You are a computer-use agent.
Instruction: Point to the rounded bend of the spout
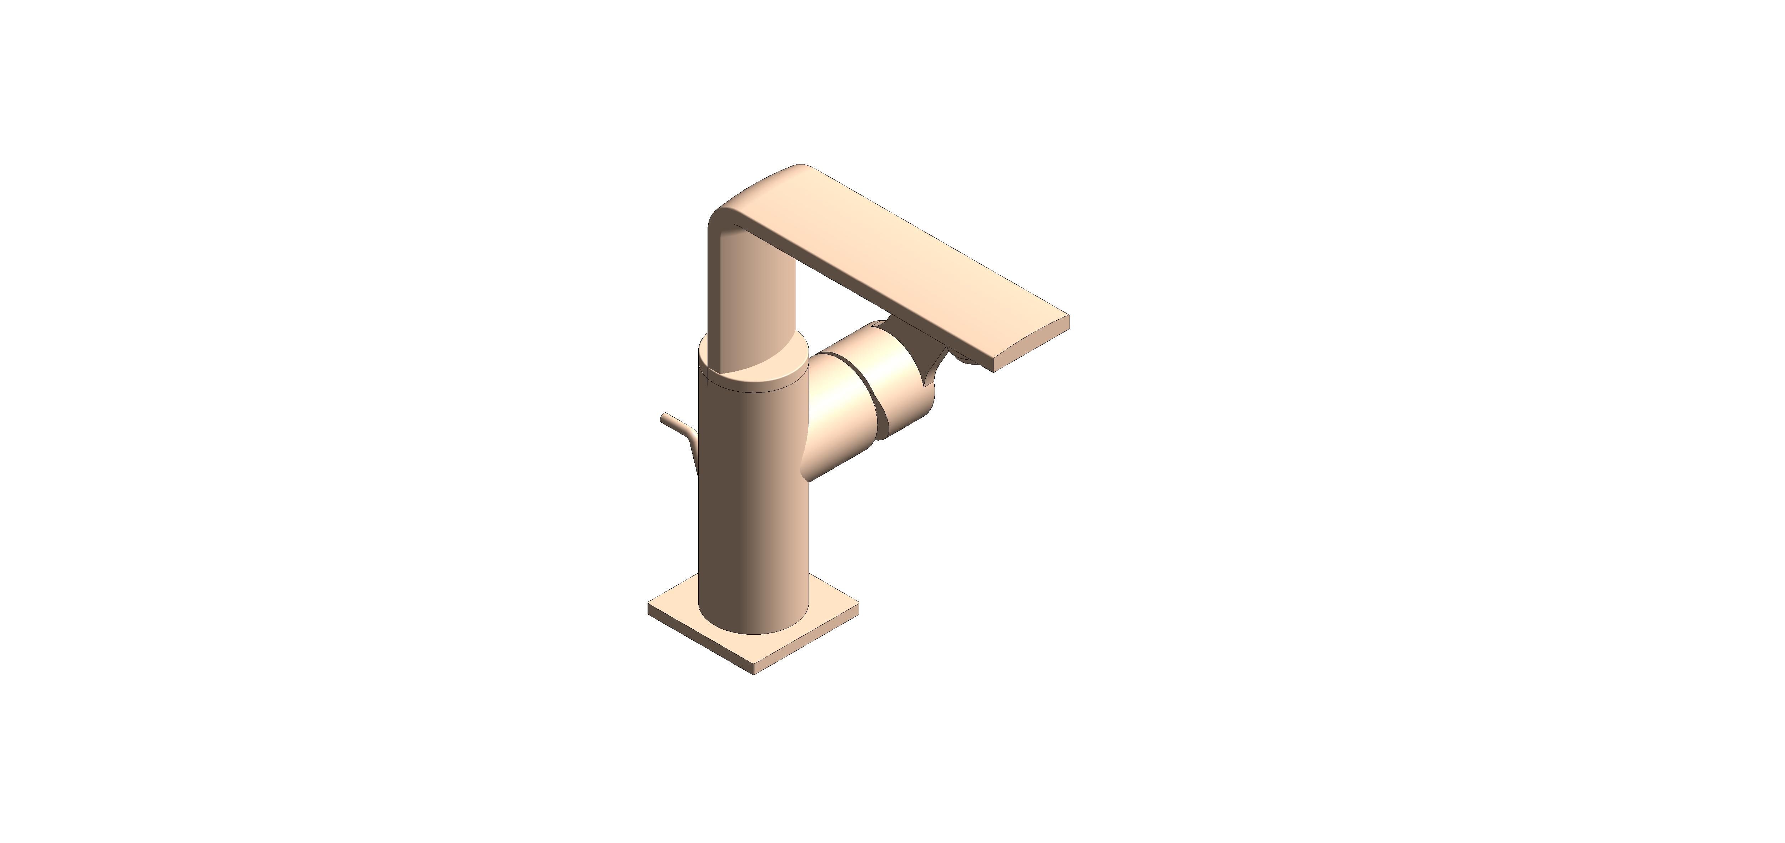point(734,208)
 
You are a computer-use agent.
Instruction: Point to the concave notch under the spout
point(935,360)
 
